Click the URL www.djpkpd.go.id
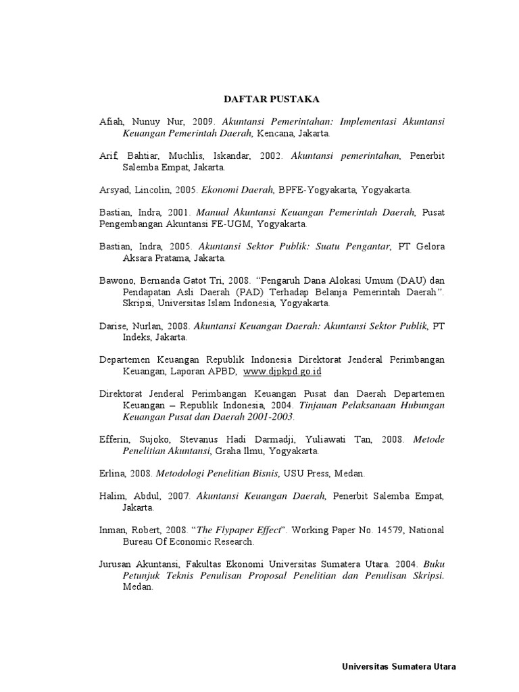pyautogui.click(x=282, y=372)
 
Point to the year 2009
pyautogui.click(x=202, y=122)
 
